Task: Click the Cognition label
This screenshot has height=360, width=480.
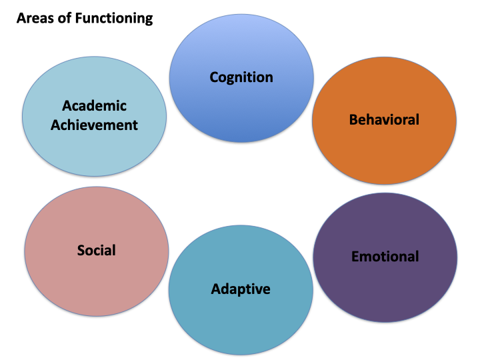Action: pos(241,77)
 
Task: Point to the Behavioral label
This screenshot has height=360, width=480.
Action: pos(384,120)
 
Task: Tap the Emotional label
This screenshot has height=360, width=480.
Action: pos(385,257)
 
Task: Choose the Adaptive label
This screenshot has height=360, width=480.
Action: pos(241,289)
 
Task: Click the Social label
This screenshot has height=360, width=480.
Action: pos(96,251)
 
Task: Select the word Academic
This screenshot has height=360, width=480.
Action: pos(94,106)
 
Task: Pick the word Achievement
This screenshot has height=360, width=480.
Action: pos(94,125)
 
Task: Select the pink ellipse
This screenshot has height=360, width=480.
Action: pos(96,220)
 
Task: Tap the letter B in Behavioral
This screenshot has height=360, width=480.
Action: pos(353,120)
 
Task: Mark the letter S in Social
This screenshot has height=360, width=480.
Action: pos(81,251)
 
